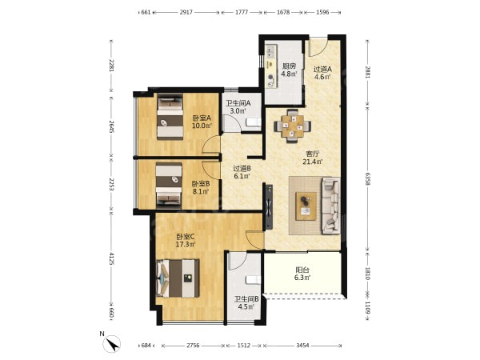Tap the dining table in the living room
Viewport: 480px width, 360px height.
pyautogui.click(x=293, y=126)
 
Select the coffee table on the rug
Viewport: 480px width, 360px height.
pyautogui.click(x=306, y=206)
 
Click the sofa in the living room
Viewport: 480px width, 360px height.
pyautogui.click(x=330, y=206)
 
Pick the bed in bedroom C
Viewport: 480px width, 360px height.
pyautogui.click(x=178, y=278)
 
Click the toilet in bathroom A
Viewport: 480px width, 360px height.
pyautogui.click(x=254, y=122)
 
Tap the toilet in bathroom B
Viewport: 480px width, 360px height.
pyautogui.click(x=254, y=280)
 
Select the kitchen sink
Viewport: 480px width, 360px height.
pyautogui.click(x=270, y=51)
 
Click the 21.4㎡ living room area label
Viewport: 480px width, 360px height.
pyautogui.click(x=313, y=162)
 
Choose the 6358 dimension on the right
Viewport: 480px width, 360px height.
pyautogui.click(x=368, y=182)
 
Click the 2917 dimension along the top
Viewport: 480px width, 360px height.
pyautogui.click(x=186, y=12)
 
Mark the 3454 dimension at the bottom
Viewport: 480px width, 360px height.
pyautogui.click(x=302, y=346)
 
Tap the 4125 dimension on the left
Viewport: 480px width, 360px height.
pyautogui.click(x=111, y=258)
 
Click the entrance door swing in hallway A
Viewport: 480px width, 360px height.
pyautogui.click(x=318, y=46)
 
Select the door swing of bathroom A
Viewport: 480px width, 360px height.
pyautogui.click(x=232, y=124)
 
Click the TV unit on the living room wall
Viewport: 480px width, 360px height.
pyautogui.click(x=269, y=206)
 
